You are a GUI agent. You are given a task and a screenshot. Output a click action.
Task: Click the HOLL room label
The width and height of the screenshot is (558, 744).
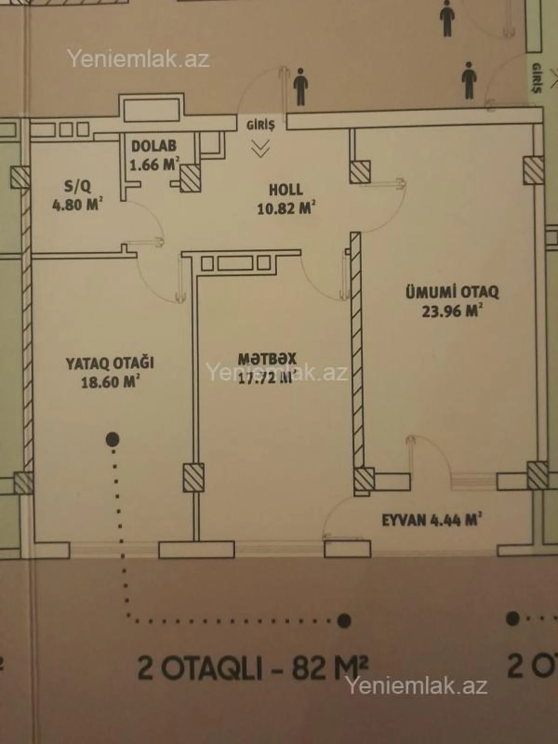(286, 190)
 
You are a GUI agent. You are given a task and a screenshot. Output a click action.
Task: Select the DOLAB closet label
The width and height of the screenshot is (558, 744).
(154, 146)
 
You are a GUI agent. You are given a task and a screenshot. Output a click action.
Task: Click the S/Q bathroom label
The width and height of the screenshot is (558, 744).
(78, 187)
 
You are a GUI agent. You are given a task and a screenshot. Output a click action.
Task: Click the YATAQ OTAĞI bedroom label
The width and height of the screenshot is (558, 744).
(110, 363)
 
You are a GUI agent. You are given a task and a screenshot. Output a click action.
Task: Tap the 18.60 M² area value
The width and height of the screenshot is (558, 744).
(111, 382)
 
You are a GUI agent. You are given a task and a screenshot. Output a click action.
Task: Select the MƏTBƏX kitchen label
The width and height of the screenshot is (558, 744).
(267, 359)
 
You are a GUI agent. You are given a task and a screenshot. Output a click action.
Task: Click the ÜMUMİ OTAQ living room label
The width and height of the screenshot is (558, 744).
(452, 292)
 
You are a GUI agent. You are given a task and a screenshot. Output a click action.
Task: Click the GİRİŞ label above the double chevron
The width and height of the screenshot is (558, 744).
(260, 125)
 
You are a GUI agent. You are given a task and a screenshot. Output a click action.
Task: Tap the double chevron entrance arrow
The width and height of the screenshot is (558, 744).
(260, 148)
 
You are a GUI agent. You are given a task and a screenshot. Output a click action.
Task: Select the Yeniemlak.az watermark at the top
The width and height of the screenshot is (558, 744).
(139, 59)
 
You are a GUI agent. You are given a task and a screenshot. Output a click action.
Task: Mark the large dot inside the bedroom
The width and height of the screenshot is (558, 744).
(113, 438)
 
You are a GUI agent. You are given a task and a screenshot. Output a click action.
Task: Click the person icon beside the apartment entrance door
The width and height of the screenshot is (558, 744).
(301, 86)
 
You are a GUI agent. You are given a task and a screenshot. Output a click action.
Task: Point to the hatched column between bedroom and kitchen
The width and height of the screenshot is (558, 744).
(193, 477)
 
